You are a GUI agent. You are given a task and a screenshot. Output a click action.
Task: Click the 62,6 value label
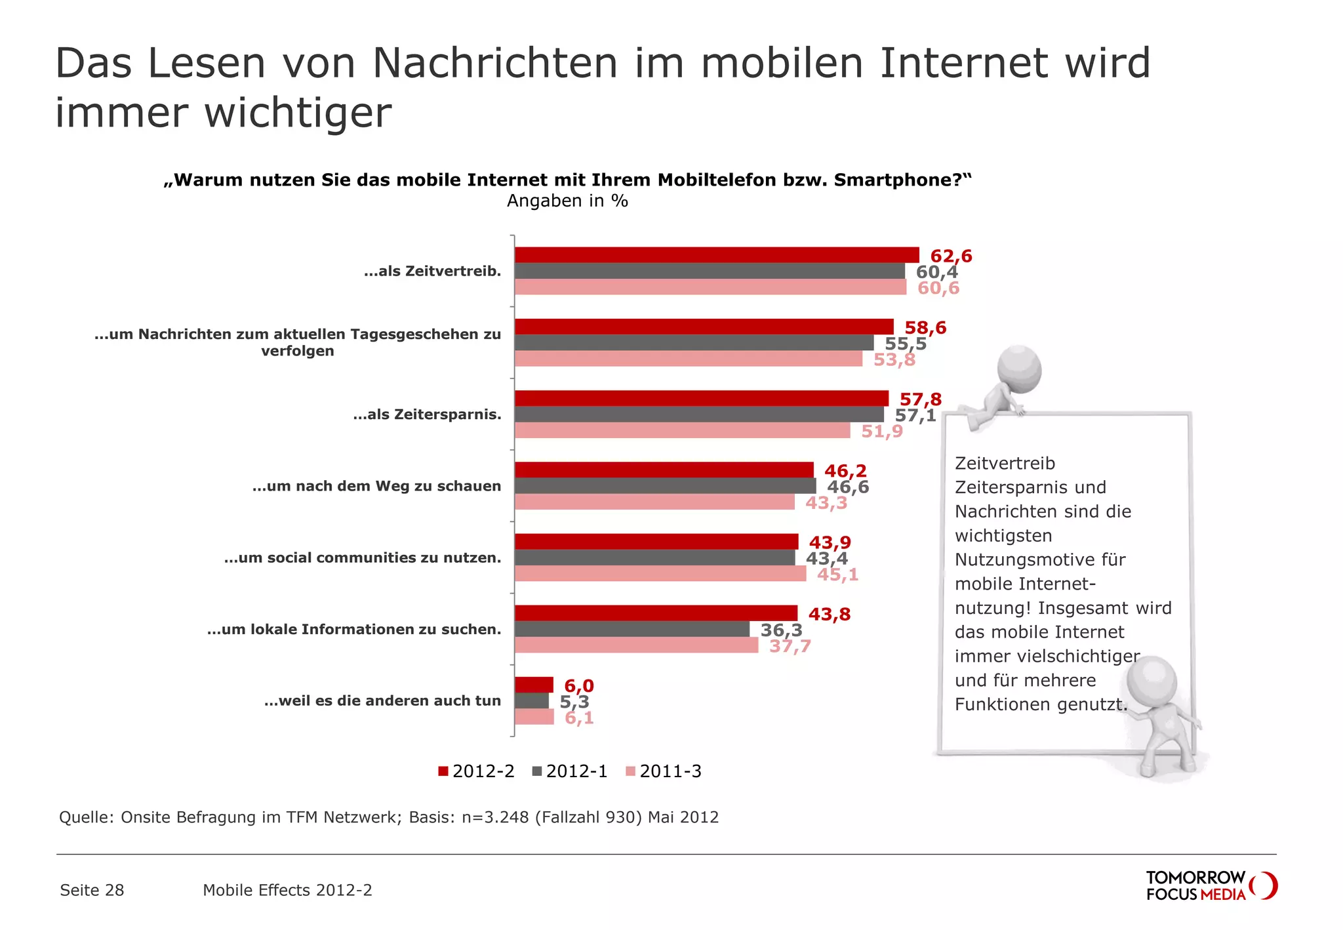tap(951, 256)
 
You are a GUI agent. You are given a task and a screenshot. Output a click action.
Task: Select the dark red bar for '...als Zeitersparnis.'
tap(701, 398)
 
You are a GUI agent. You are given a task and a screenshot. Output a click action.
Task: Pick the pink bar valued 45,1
tap(660, 573)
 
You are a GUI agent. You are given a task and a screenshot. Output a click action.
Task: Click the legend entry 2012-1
tap(570, 771)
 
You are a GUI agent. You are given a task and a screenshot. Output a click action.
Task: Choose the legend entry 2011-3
tap(664, 771)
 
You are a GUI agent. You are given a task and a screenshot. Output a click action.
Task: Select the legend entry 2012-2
tap(477, 771)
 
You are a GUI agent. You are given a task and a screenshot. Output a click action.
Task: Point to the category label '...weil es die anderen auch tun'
tap(382, 700)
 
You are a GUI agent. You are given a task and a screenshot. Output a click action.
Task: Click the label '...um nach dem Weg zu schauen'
tap(376, 486)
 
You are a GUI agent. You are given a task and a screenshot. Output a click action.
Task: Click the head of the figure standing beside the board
tap(1152, 680)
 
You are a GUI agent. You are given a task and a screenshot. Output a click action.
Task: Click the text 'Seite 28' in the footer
tap(92, 890)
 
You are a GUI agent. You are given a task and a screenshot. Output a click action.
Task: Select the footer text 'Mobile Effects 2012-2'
tap(287, 890)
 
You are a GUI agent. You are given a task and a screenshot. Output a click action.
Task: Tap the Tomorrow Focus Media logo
tap(1210, 885)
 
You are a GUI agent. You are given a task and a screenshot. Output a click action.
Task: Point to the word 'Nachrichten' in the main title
tap(495, 64)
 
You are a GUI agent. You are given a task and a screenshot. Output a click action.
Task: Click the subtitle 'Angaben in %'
tap(567, 201)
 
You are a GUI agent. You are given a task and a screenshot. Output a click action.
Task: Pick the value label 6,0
tap(578, 685)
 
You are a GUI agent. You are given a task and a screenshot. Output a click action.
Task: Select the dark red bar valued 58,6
tap(704, 327)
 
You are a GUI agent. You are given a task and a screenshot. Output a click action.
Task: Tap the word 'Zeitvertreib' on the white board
tap(1005, 463)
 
